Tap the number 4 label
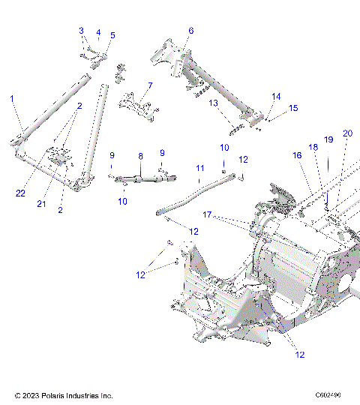(x=97, y=33)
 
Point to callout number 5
(x=112, y=35)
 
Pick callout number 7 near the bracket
(x=150, y=85)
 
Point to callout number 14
(x=276, y=97)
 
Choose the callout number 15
(x=293, y=108)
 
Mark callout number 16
(x=297, y=155)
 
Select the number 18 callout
(x=313, y=148)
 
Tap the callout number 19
(x=328, y=139)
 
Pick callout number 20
(x=346, y=133)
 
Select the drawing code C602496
(x=328, y=394)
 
